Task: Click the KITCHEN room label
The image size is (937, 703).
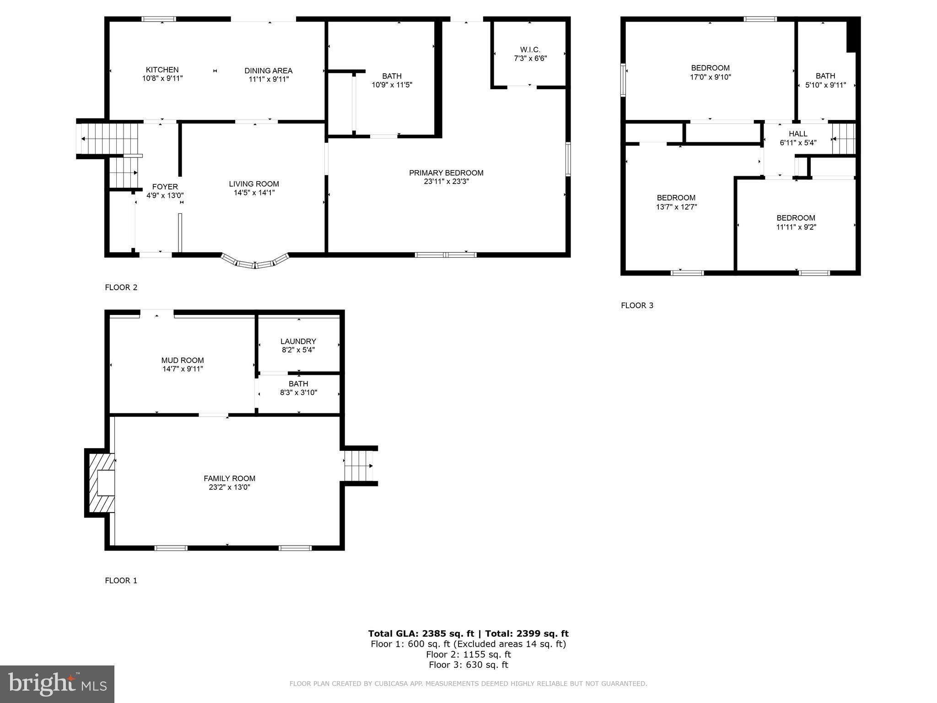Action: pyautogui.click(x=162, y=70)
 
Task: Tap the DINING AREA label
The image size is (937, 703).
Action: pyautogui.click(x=268, y=71)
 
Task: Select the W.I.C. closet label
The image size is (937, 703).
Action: pyautogui.click(x=530, y=49)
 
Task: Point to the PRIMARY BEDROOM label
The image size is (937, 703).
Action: pyautogui.click(x=446, y=173)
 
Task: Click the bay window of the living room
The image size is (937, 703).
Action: pyautogui.click(x=255, y=262)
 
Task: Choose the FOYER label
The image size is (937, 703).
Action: pyautogui.click(x=165, y=187)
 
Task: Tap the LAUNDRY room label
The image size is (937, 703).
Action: pyautogui.click(x=298, y=341)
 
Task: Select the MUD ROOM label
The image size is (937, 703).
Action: pyautogui.click(x=183, y=361)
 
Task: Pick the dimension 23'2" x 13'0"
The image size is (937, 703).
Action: pyautogui.click(x=229, y=487)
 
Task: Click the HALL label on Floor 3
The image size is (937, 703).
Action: pyautogui.click(x=798, y=134)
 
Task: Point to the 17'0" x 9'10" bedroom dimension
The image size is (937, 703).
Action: pyautogui.click(x=710, y=77)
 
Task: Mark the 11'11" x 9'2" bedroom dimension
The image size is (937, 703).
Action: pyautogui.click(x=796, y=227)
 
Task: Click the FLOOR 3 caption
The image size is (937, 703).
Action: pyautogui.click(x=637, y=305)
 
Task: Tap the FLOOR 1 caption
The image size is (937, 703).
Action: pyautogui.click(x=121, y=580)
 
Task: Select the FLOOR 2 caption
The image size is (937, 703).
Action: pyautogui.click(x=121, y=287)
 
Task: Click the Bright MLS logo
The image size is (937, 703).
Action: pyautogui.click(x=57, y=684)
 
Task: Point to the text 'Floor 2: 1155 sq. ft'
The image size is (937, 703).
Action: pyautogui.click(x=468, y=654)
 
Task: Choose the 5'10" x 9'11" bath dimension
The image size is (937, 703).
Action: pyautogui.click(x=825, y=85)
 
